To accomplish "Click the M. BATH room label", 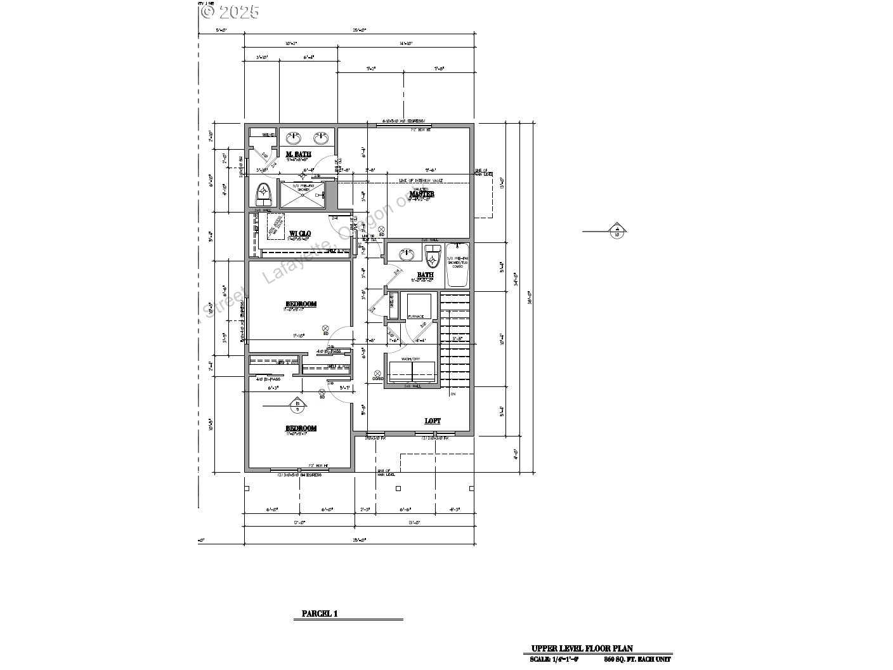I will point(298,154).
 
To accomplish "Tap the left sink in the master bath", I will point(295,138).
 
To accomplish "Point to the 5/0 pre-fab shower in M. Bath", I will point(303,194).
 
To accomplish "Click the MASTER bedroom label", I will point(422,194).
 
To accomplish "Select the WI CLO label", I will point(299,233).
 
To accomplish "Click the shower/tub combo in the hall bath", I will point(457,265).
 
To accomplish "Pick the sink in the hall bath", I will point(406,255).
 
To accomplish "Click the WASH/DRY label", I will point(412,359).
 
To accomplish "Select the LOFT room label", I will point(433,421).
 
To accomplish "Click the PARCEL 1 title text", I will point(320,614).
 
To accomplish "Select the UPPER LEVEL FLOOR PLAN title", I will point(582,648).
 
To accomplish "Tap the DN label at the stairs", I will point(453,394).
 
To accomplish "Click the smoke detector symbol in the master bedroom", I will point(381,230).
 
